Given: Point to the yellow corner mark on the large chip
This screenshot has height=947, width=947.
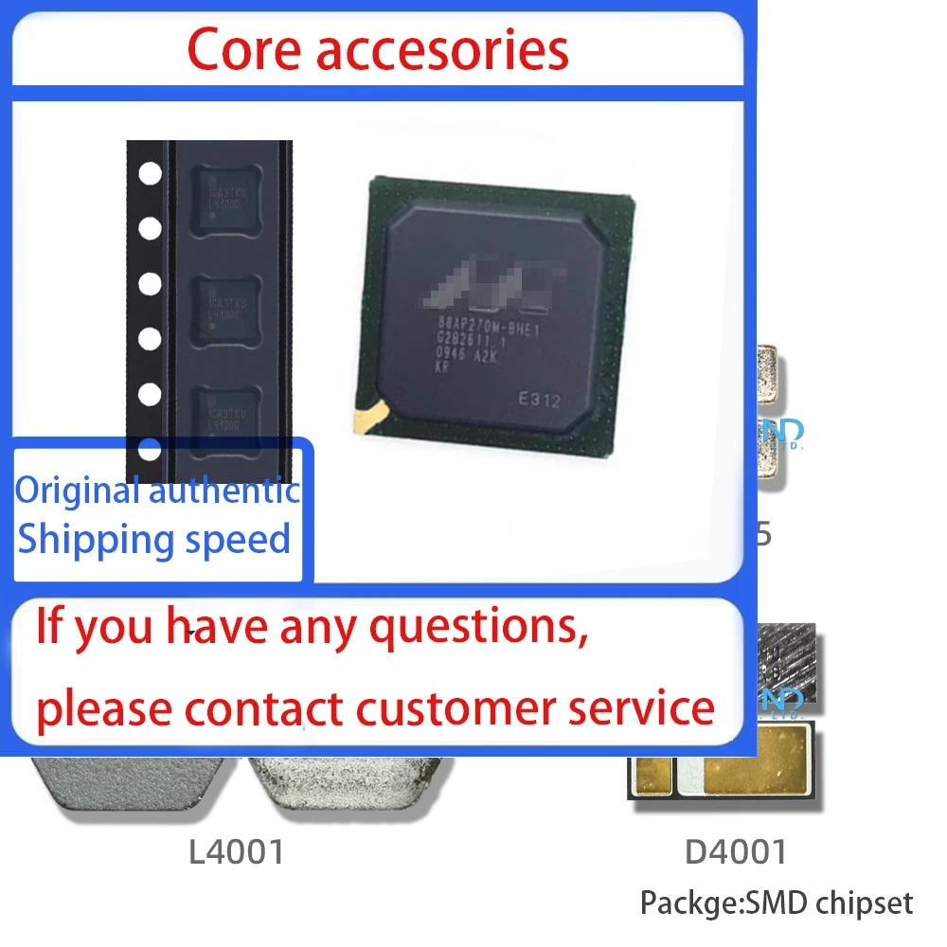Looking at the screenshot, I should pyautogui.click(x=370, y=413).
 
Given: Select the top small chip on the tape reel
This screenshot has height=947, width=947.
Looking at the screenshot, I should pyautogui.click(x=225, y=196).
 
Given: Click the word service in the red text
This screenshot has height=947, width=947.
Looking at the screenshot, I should pyautogui.click(x=652, y=706).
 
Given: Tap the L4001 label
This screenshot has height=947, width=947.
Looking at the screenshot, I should pyautogui.click(x=237, y=852).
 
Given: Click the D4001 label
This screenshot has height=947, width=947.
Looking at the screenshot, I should pyautogui.click(x=736, y=852).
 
